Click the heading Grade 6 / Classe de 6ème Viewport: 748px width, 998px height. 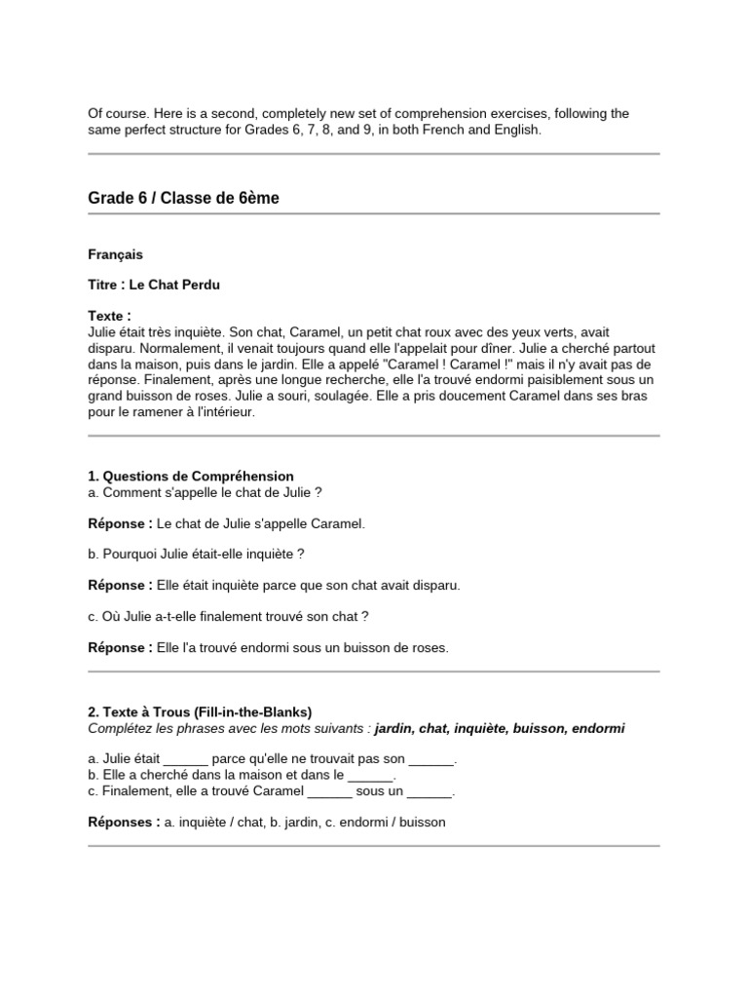point(183,198)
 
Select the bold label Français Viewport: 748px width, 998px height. point(115,254)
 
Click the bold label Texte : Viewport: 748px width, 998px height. point(109,317)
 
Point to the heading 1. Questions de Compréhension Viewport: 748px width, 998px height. point(190,476)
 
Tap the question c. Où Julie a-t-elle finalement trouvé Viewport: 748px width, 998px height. point(228,616)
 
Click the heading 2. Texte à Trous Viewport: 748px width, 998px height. point(200,712)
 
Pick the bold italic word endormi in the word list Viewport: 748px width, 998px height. point(598,729)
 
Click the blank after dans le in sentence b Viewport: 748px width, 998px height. point(370,775)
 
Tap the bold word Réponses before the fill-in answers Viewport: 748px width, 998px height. point(124,822)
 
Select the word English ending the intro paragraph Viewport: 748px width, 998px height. point(513,129)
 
